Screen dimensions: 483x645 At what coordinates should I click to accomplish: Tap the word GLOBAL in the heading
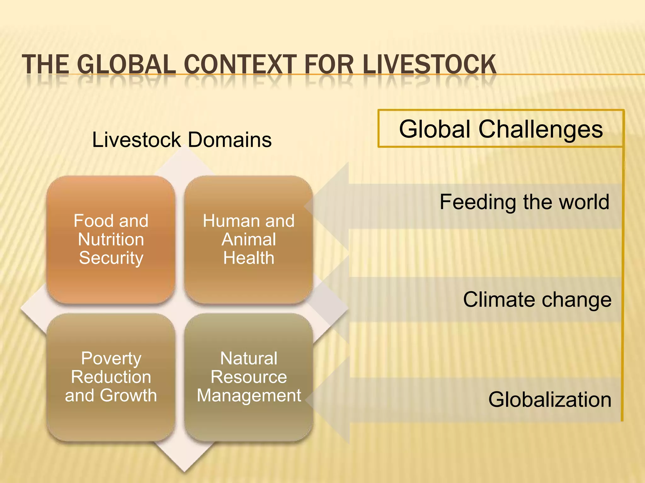tap(126, 64)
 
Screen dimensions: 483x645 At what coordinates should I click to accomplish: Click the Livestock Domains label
tap(182, 140)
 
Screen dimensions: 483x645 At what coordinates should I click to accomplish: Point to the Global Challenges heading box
tap(501, 129)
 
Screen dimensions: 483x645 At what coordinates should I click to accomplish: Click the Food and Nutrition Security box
tap(111, 240)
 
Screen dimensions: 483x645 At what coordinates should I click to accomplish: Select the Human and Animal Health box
tap(248, 240)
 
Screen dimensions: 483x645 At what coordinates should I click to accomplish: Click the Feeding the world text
tap(524, 202)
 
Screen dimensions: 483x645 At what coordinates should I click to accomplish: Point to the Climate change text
tap(537, 299)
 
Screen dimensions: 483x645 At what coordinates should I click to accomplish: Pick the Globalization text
tap(550, 400)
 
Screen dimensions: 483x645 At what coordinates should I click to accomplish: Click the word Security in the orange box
tap(111, 258)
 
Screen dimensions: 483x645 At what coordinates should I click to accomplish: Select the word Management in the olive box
tap(249, 395)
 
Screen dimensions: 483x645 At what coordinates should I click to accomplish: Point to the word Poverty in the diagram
tap(111, 358)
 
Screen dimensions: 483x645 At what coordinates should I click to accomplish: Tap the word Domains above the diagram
tap(230, 140)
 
